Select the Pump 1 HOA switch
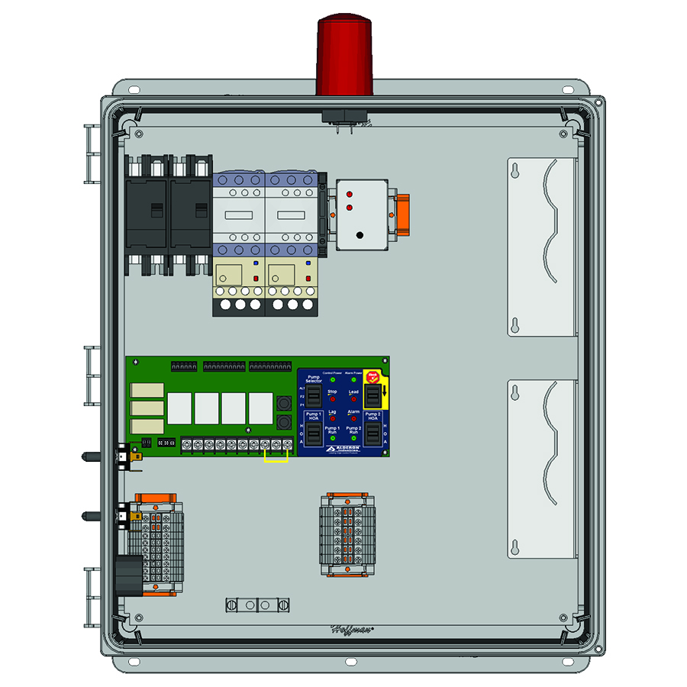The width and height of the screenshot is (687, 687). click(313, 434)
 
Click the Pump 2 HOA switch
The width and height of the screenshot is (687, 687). click(373, 434)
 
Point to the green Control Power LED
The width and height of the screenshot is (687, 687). click(333, 379)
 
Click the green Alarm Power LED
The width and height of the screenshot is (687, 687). click(353, 379)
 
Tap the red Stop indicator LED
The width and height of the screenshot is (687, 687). click(333, 399)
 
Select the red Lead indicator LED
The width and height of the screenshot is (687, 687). click(353, 399)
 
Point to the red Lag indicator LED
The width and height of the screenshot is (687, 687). click(333, 419)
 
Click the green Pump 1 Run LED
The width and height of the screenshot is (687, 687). click(333, 439)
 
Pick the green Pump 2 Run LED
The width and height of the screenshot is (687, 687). click(353, 439)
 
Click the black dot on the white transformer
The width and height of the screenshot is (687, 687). click(359, 235)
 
